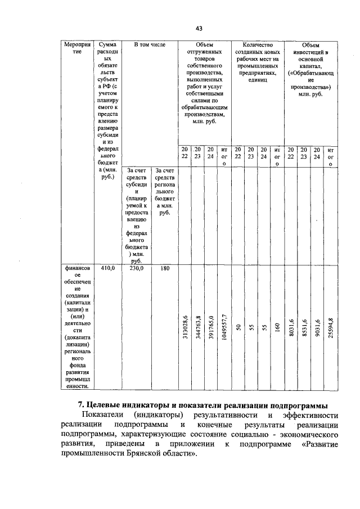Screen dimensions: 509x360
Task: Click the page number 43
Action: click(199, 28)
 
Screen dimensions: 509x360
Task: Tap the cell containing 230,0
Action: click(138, 269)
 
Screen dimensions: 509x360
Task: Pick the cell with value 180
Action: click(163, 269)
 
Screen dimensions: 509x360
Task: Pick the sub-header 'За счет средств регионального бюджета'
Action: click(164, 191)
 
